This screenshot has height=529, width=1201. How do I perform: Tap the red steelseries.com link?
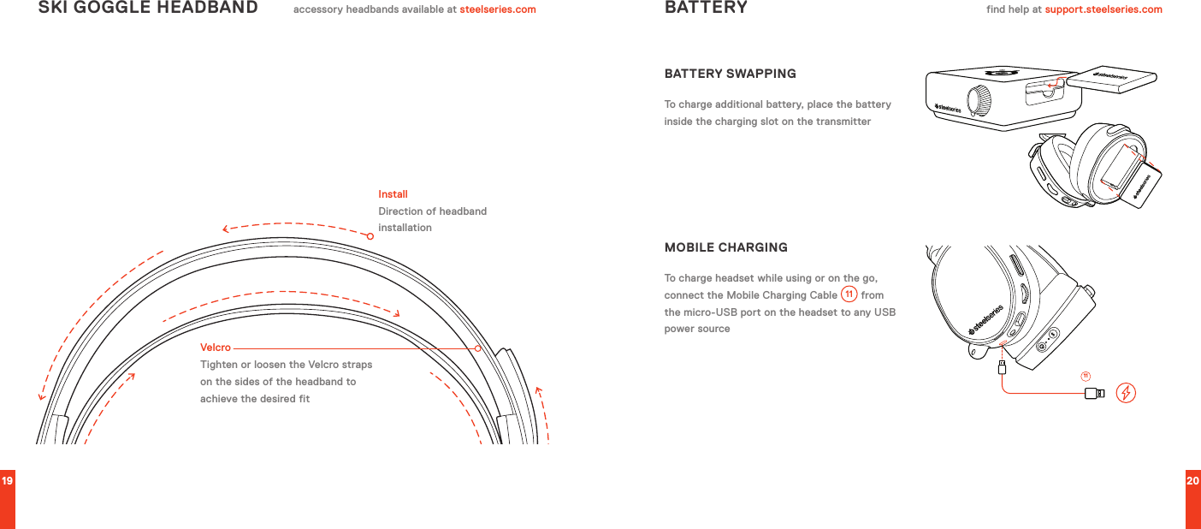coord(498,10)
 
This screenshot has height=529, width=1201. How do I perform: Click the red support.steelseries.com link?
coord(1103,10)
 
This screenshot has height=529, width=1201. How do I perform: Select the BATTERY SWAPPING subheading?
coord(731,74)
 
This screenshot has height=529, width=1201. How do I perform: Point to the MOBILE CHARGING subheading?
coord(726,248)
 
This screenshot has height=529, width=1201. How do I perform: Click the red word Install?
coord(393,195)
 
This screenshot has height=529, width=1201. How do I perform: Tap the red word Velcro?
coord(216,348)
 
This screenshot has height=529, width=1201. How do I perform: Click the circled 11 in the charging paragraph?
coord(849,295)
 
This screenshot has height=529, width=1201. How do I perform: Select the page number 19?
coord(7,481)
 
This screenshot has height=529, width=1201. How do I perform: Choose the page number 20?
coord(1192,481)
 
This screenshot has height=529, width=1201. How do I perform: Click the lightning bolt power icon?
coord(1127,393)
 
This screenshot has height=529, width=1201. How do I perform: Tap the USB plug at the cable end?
coord(1093,394)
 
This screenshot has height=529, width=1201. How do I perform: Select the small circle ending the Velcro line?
coord(478,348)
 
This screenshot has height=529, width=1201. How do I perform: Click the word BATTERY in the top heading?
coord(706,9)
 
